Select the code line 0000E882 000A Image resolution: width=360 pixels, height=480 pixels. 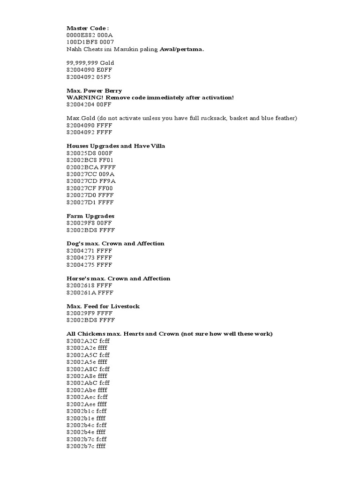click(x=90, y=35)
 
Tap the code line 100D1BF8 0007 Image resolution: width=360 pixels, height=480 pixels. click(x=90, y=42)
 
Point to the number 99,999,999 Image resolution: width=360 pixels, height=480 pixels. click(x=82, y=63)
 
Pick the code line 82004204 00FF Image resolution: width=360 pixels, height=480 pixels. click(x=89, y=105)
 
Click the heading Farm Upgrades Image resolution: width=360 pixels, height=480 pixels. click(x=90, y=216)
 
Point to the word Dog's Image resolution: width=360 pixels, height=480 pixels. click(x=75, y=244)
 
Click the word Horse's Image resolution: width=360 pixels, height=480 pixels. click(x=78, y=278)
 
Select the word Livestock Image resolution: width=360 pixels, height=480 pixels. click(x=124, y=306)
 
